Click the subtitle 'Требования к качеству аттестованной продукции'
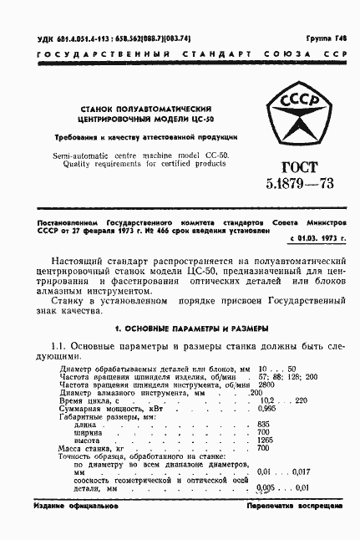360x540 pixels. click(146, 135)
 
